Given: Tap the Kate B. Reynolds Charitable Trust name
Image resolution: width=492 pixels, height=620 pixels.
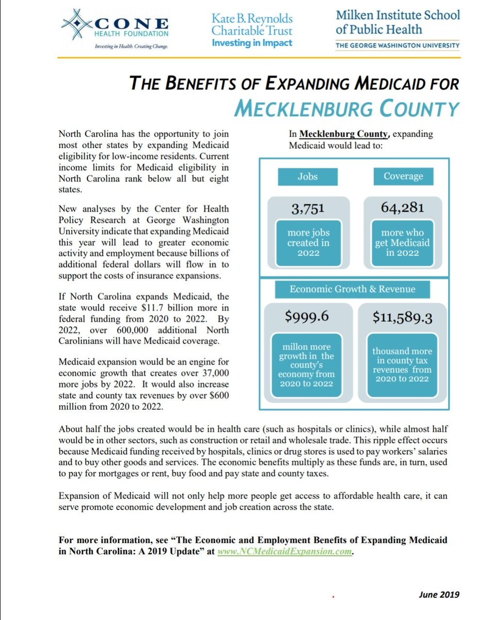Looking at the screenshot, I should click(252, 25).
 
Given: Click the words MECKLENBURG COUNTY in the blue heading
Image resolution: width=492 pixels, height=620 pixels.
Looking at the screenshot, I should click(346, 109).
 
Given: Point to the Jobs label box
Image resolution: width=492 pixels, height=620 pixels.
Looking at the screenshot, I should click(307, 177).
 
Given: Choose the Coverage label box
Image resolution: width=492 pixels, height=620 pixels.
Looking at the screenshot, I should click(403, 177).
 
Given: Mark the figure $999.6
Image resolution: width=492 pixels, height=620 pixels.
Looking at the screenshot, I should click(308, 317).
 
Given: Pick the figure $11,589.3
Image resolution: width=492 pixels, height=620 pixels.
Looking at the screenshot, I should click(403, 317).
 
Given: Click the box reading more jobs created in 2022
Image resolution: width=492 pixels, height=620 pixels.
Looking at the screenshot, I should click(308, 242).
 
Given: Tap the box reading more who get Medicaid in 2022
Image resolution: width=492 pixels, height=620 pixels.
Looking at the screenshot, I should click(403, 242).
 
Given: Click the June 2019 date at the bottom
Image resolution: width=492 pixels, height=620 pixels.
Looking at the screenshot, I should click(439, 594).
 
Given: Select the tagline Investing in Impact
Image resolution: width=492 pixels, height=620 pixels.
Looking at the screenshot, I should click(252, 43).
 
